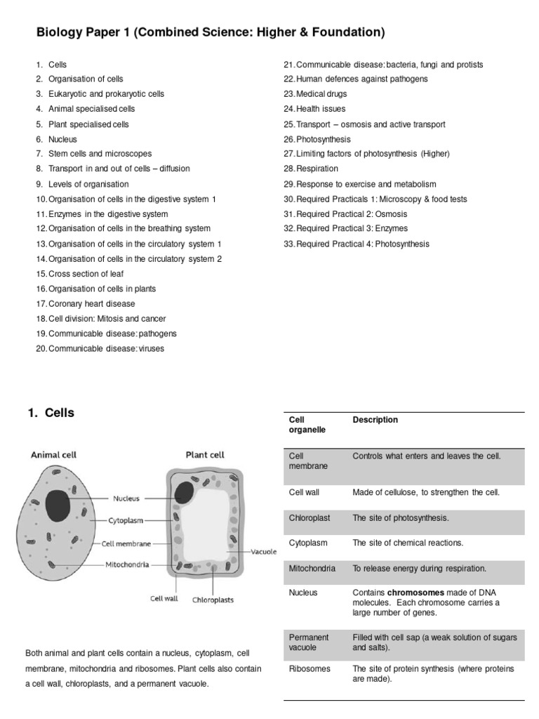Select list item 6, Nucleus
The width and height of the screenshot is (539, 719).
point(62,139)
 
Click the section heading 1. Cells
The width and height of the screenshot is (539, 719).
point(51,413)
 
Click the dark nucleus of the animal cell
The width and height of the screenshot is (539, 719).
point(58,505)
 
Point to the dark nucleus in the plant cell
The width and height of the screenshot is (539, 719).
point(185,492)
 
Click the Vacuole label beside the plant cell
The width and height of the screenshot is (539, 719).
point(265,552)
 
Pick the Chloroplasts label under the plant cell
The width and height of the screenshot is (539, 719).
point(213,600)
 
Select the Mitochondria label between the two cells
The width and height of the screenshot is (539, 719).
point(127,564)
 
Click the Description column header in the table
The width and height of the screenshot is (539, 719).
point(375,420)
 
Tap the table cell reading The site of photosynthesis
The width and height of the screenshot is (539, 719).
point(400,517)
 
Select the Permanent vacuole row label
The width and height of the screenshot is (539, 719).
point(309,642)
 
